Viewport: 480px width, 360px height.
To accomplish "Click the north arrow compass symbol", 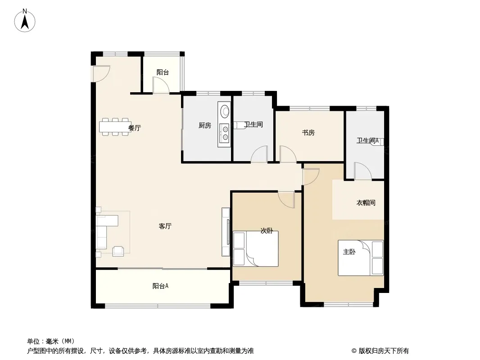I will point(26,20).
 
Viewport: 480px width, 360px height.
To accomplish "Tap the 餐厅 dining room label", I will point(134,128).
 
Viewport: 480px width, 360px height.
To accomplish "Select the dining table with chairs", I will point(115,127).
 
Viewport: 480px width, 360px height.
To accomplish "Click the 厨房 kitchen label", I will point(204,126).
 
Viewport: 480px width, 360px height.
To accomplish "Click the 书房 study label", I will point(308,133).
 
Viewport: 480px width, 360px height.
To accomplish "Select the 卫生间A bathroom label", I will point(367,140).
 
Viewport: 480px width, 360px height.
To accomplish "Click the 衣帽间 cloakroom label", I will point(366,203).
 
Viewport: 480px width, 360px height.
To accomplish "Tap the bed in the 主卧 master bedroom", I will point(361,258).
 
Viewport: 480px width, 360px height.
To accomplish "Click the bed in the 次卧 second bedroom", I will point(255,248).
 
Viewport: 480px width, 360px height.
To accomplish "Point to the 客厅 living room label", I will point(165,226).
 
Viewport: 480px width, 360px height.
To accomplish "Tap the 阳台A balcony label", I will point(160,286).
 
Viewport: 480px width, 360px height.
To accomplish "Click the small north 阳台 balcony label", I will point(163,72).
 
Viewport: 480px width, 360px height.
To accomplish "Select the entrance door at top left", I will point(100,74).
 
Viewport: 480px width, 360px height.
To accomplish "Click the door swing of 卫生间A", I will point(362,171).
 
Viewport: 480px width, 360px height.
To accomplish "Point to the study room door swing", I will point(287,154).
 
